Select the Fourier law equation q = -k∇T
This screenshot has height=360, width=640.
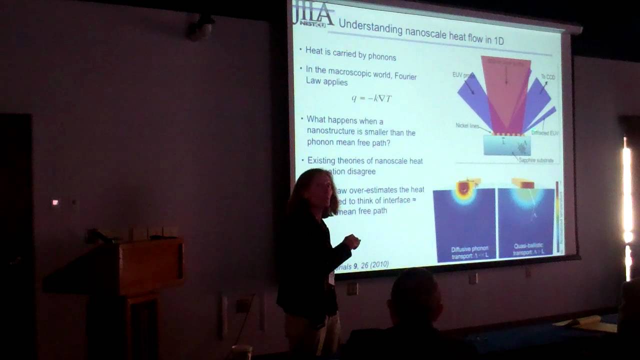pos(371,98)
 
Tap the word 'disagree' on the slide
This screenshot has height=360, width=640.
pos(361,171)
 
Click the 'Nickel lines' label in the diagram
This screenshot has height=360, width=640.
pos(468,125)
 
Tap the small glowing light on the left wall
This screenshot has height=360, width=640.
pos(55,202)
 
